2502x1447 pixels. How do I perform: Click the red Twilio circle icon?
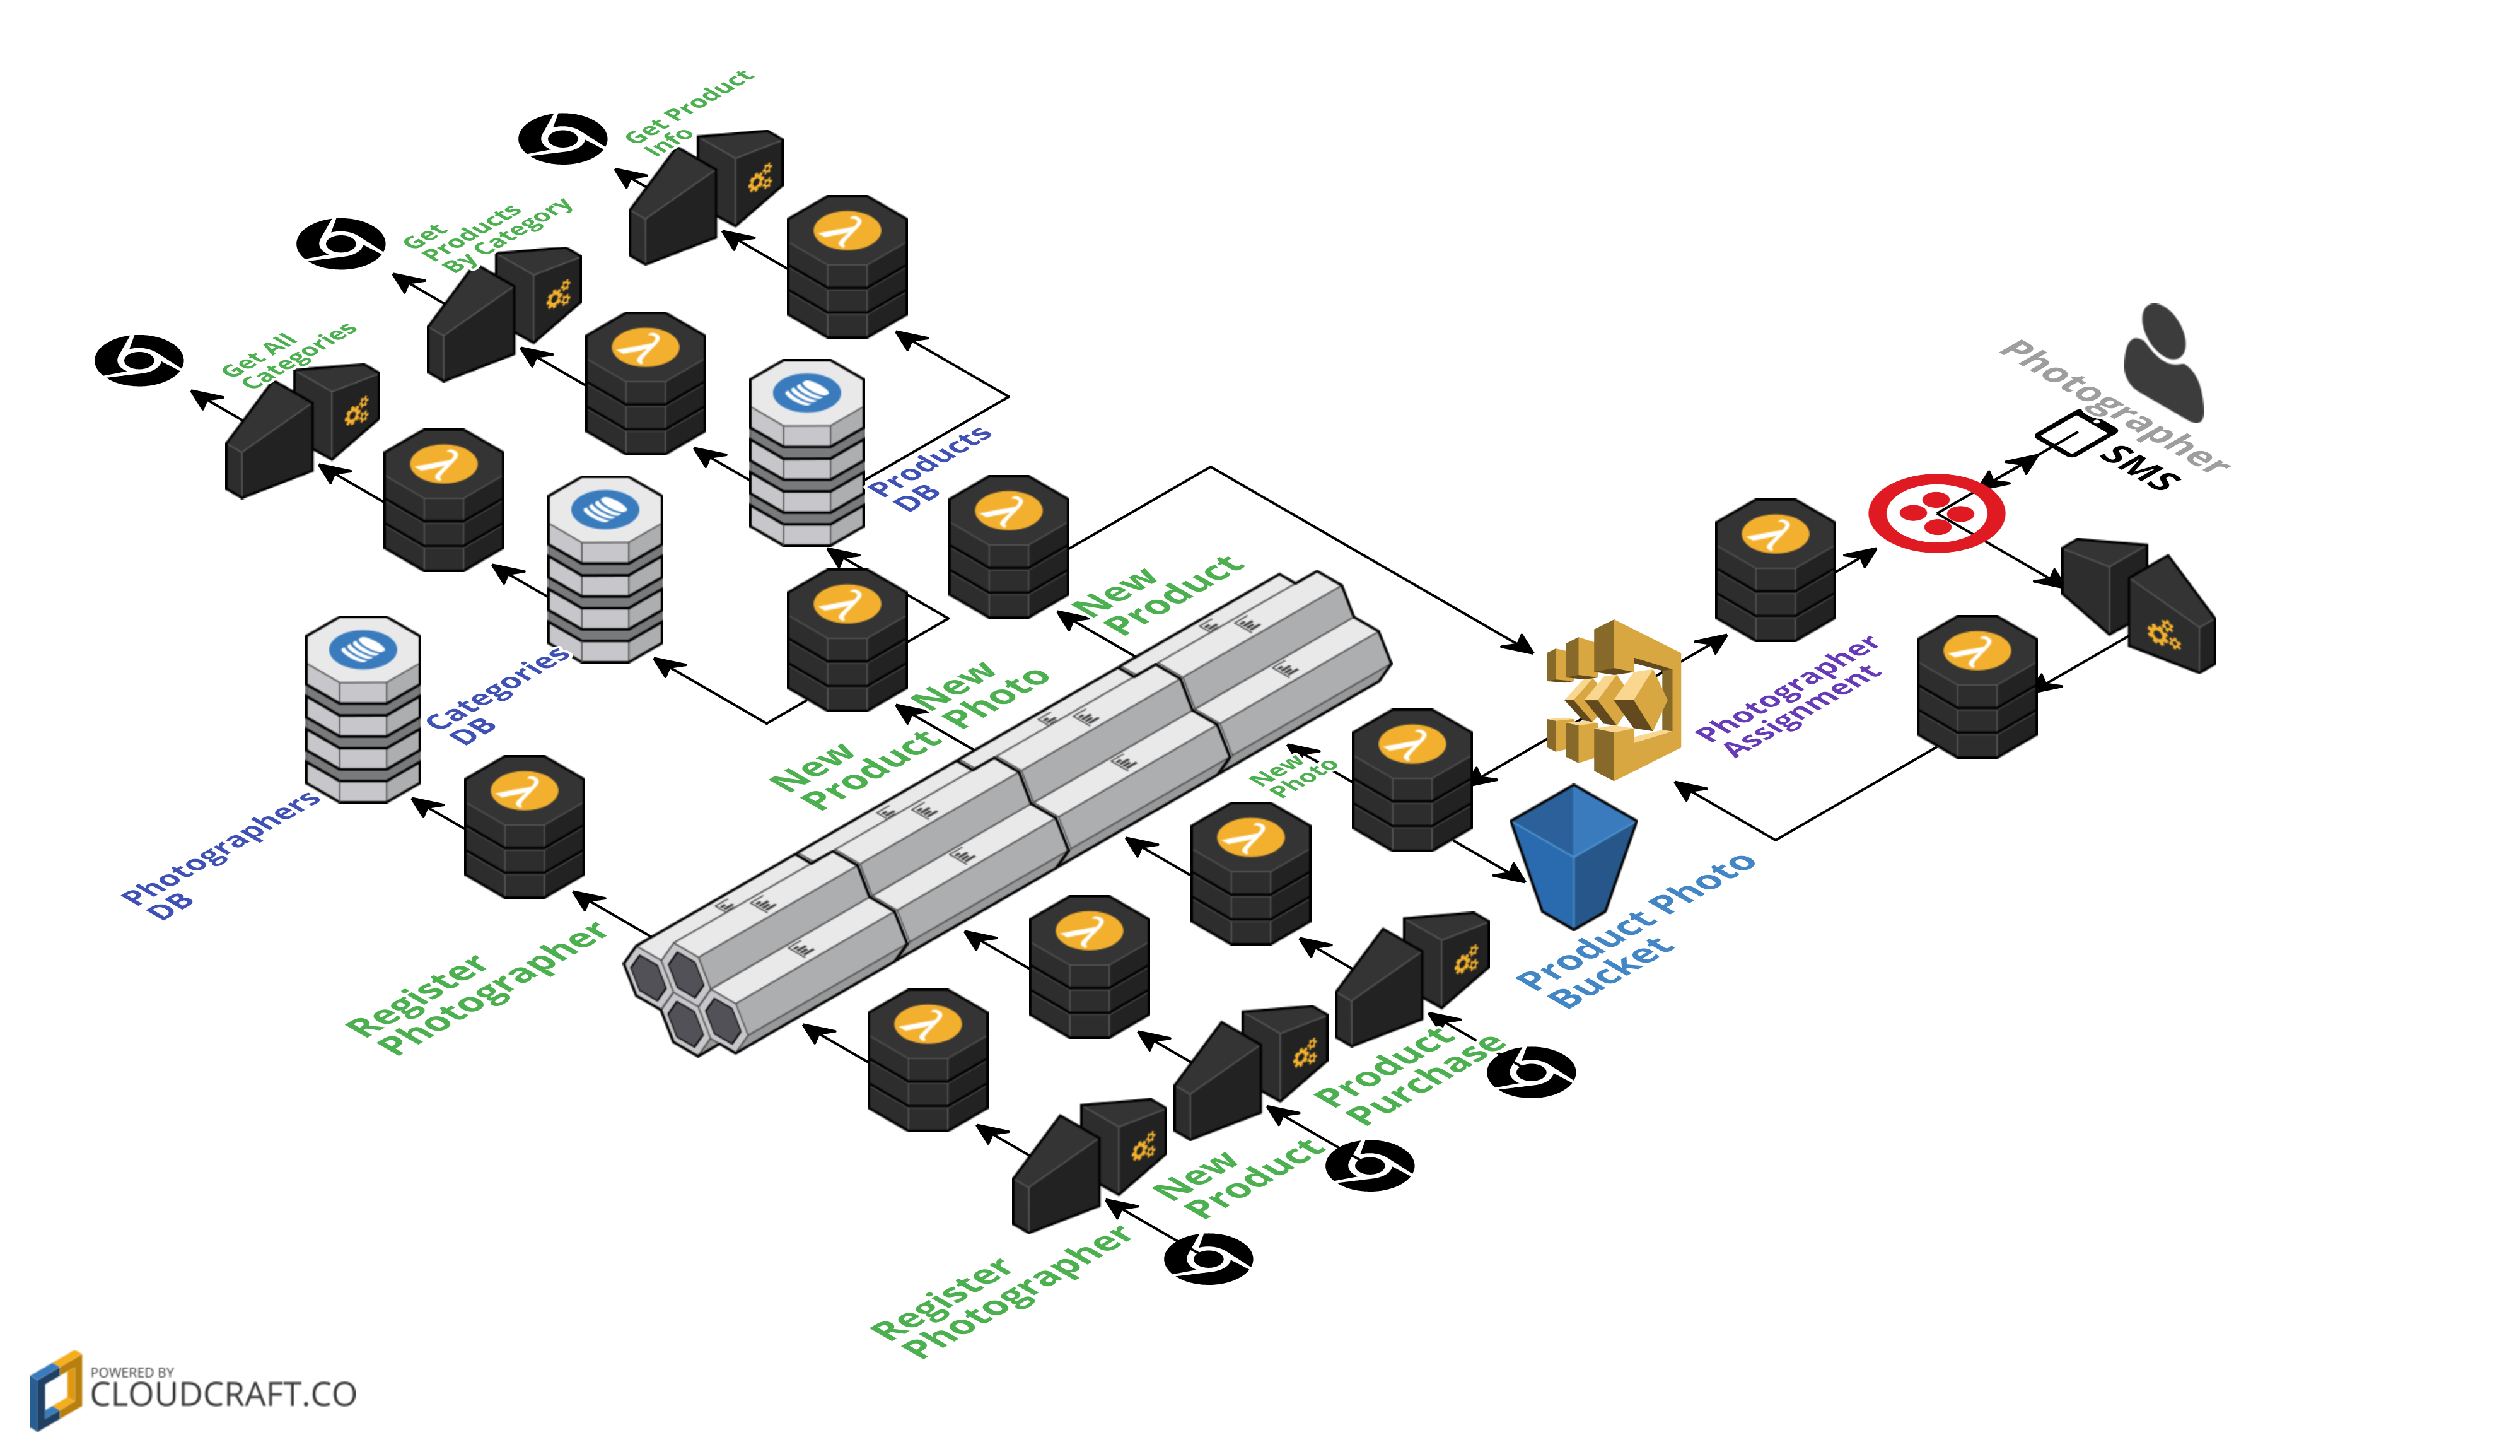1935,513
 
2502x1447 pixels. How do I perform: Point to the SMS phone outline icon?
2075,434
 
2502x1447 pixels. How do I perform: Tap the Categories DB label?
496,694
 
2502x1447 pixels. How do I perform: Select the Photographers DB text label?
218,854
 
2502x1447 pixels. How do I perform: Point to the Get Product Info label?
687,111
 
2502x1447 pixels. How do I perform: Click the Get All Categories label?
288,354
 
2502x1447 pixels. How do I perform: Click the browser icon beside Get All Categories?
139,360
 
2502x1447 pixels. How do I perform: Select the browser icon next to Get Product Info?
563,138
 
